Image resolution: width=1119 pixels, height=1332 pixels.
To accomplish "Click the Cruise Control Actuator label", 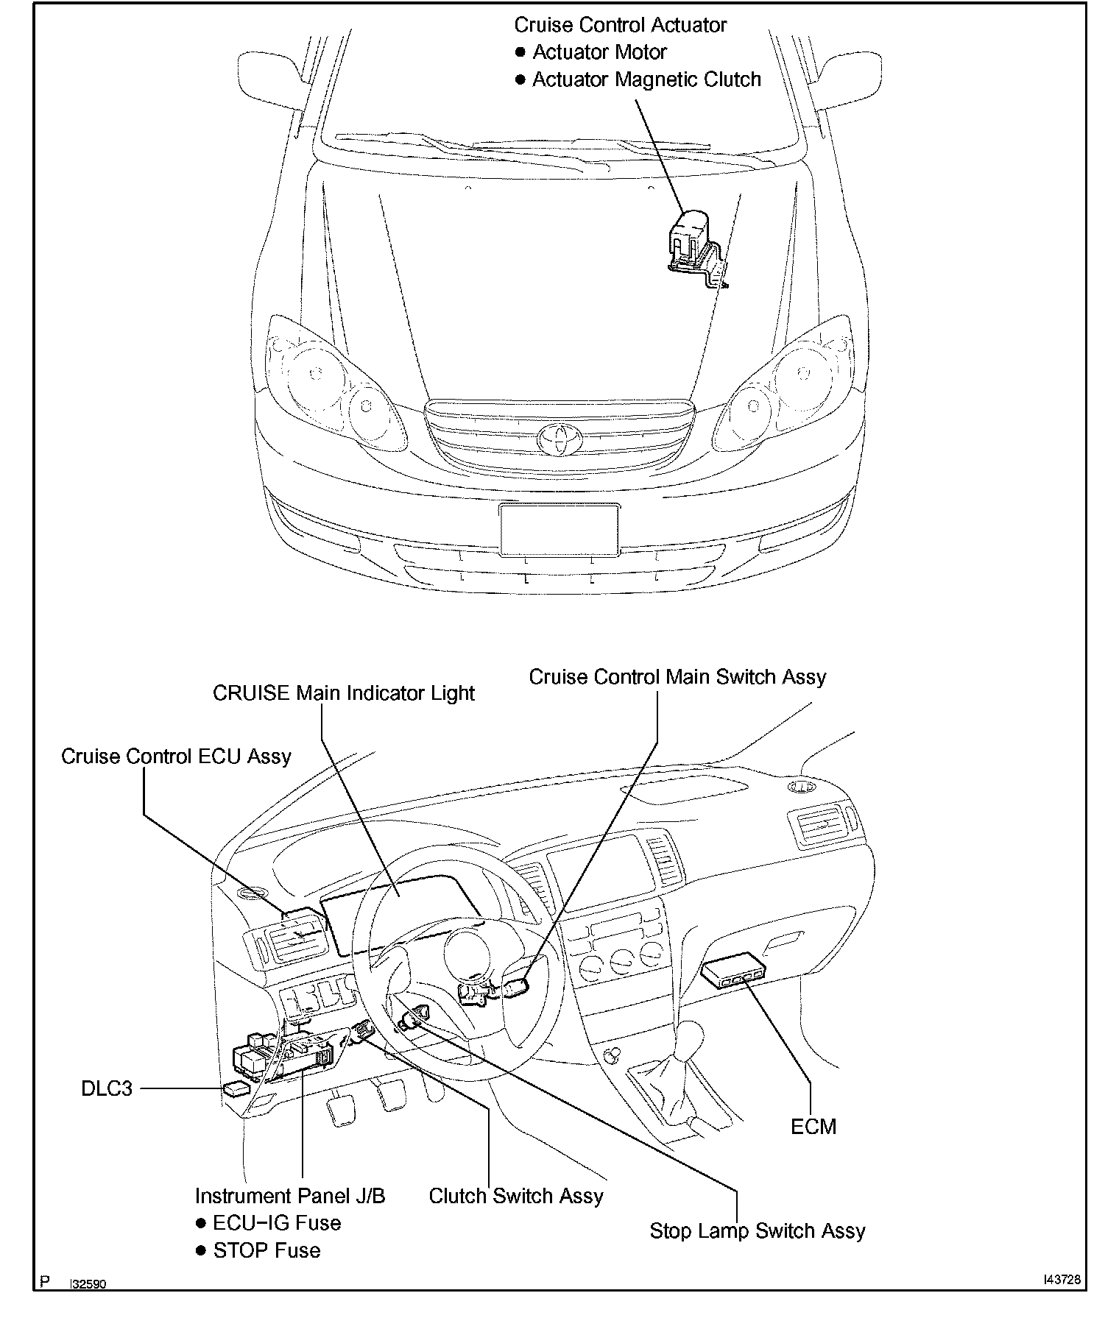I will coord(620,25).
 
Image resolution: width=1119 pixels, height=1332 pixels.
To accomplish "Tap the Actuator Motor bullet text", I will coord(599,52).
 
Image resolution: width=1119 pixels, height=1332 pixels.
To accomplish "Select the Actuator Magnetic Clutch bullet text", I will coord(646,79).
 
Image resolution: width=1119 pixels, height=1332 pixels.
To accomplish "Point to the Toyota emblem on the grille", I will coord(559,439).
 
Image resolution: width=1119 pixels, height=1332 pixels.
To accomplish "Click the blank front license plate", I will coord(559,529).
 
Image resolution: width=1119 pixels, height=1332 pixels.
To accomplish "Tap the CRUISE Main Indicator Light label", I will coord(343,693).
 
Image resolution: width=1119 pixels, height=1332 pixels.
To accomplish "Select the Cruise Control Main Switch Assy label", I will coord(677,677).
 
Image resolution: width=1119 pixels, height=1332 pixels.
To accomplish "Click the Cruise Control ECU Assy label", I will coord(176,757).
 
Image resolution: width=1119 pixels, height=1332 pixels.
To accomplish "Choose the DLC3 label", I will coord(107,1088).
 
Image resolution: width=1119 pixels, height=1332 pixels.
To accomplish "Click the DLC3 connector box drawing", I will coord(236,1089).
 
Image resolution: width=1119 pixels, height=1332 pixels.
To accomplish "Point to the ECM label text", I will coord(813,1127).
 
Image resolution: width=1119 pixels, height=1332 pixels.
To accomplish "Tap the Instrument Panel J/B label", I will coord(290,1197).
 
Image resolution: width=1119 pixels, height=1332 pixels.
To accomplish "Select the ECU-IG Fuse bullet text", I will coord(277,1224).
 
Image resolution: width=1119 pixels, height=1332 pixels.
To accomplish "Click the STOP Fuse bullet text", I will coord(266,1251).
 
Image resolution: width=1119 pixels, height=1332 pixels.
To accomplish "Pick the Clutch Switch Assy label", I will coord(516,1197).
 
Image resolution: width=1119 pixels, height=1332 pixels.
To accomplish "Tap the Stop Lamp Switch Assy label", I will coord(758,1231).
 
